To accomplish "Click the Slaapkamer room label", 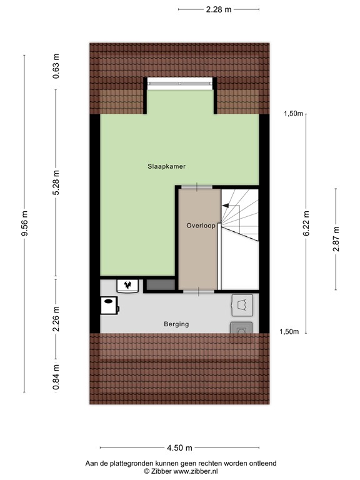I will point(167,167).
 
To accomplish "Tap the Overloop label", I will point(201,224).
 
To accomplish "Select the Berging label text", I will point(176,324).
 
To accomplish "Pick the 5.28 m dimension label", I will point(56,183).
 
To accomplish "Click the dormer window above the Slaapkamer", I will point(180,83).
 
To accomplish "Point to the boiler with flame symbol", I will point(128,286).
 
